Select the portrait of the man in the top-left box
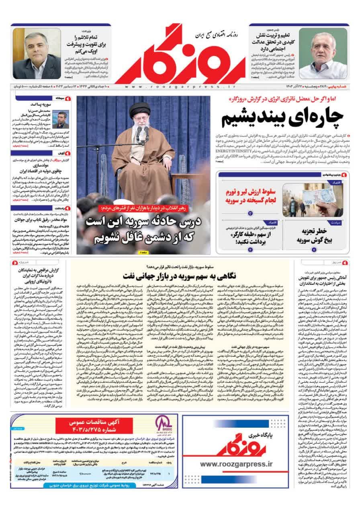pyautogui.click(x=37, y=54)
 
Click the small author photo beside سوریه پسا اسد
pyautogui.click(x=61, y=119)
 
